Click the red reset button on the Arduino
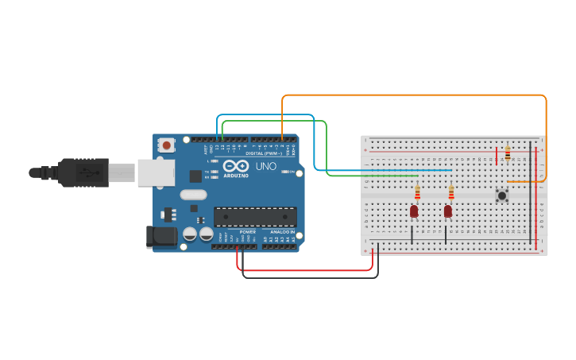[166, 145]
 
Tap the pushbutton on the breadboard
[502, 195]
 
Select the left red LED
[414, 211]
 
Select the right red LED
[448, 211]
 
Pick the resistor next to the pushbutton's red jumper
[507, 153]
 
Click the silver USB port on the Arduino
[156, 172]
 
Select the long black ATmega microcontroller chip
[255, 216]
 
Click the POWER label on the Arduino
[247, 232]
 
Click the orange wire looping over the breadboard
[413, 95]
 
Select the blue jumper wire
[381, 170]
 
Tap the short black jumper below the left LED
[412, 234]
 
